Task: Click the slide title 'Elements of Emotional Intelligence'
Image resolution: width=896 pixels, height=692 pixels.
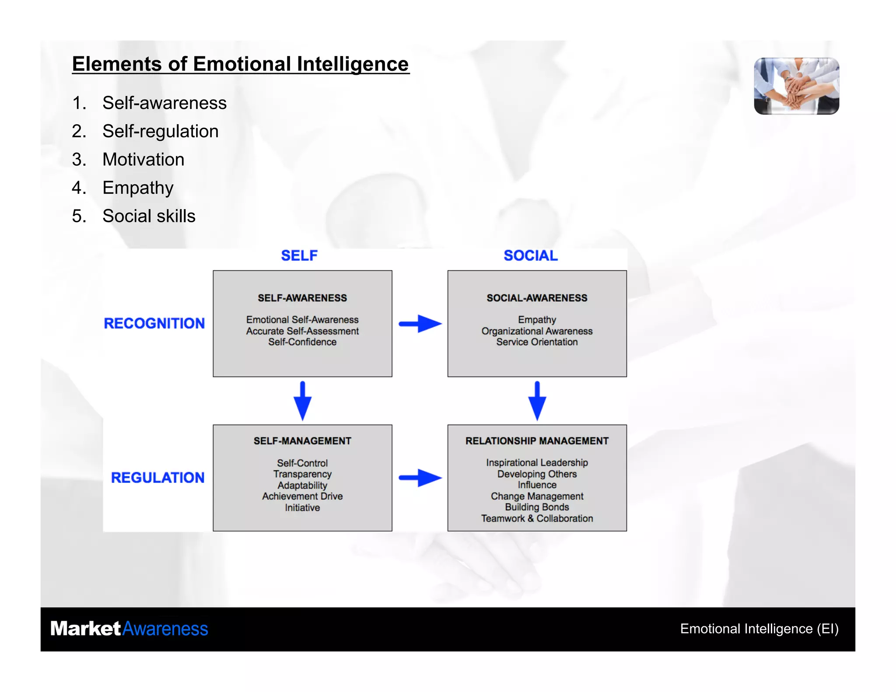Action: click(x=240, y=64)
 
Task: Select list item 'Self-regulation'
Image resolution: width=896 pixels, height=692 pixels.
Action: click(x=160, y=131)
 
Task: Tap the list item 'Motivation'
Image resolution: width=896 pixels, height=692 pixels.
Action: click(x=143, y=160)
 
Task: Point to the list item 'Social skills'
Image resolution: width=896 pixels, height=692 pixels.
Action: click(x=149, y=216)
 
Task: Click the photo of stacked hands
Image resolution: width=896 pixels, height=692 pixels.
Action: click(x=796, y=86)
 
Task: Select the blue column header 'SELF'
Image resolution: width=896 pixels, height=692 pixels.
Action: click(x=299, y=255)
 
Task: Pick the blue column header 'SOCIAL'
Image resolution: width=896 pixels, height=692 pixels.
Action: click(x=530, y=255)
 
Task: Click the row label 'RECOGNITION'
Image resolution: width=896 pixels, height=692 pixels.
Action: click(x=154, y=323)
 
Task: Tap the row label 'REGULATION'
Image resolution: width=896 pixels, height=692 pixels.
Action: click(x=157, y=478)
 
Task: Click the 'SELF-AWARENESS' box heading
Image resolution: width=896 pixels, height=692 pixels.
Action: click(x=302, y=298)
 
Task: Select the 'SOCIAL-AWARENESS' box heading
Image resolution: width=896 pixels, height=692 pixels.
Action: click(x=537, y=298)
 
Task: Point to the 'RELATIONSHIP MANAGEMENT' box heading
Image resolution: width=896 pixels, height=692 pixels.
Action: click(x=537, y=441)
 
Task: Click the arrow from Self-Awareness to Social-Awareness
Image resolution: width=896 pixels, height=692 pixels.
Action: click(x=420, y=324)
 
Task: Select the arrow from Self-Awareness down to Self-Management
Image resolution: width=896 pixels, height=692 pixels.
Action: click(x=302, y=401)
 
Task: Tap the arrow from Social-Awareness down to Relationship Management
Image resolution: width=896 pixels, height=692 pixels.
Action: click(x=537, y=401)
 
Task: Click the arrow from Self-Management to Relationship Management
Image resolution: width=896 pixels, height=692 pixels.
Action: click(x=420, y=478)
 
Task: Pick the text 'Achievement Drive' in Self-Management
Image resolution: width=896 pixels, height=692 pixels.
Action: click(x=302, y=496)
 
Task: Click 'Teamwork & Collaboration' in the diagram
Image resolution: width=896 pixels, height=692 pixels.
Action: click(x=537, y=518)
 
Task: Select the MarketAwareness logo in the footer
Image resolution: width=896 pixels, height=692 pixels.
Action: click(x=129, y=629)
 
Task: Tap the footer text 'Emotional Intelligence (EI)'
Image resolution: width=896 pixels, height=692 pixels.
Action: click(x=759, y=629)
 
